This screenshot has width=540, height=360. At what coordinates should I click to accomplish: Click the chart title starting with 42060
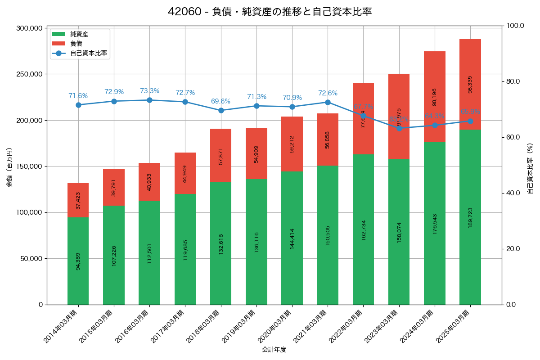tap(270, 12)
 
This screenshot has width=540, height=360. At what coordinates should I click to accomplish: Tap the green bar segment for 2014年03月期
tap(78, 261)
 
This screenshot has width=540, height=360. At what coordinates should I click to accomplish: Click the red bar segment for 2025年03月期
tap(470, 84)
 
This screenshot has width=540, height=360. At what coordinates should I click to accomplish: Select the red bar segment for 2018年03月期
tap(220, 156)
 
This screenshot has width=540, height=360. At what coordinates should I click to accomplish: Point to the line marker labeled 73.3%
tap(149, 100)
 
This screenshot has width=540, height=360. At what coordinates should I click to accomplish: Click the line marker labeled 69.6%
tap(220, 110)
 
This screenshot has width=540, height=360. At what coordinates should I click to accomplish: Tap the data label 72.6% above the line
tap(328, 93)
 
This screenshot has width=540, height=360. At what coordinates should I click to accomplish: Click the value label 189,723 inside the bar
tap(470, 217)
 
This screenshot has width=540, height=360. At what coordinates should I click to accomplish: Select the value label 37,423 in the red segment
tap(78, 200)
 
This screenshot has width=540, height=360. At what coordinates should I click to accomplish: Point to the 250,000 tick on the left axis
tap(29, 74)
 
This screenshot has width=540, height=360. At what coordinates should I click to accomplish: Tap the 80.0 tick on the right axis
tap(513, 81)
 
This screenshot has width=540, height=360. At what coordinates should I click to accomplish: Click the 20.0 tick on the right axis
tap(513, 249)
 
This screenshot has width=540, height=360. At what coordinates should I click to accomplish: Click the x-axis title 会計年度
tap(274, 350)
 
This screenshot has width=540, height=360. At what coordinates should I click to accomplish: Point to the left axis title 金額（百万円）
tap(9, 167)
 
